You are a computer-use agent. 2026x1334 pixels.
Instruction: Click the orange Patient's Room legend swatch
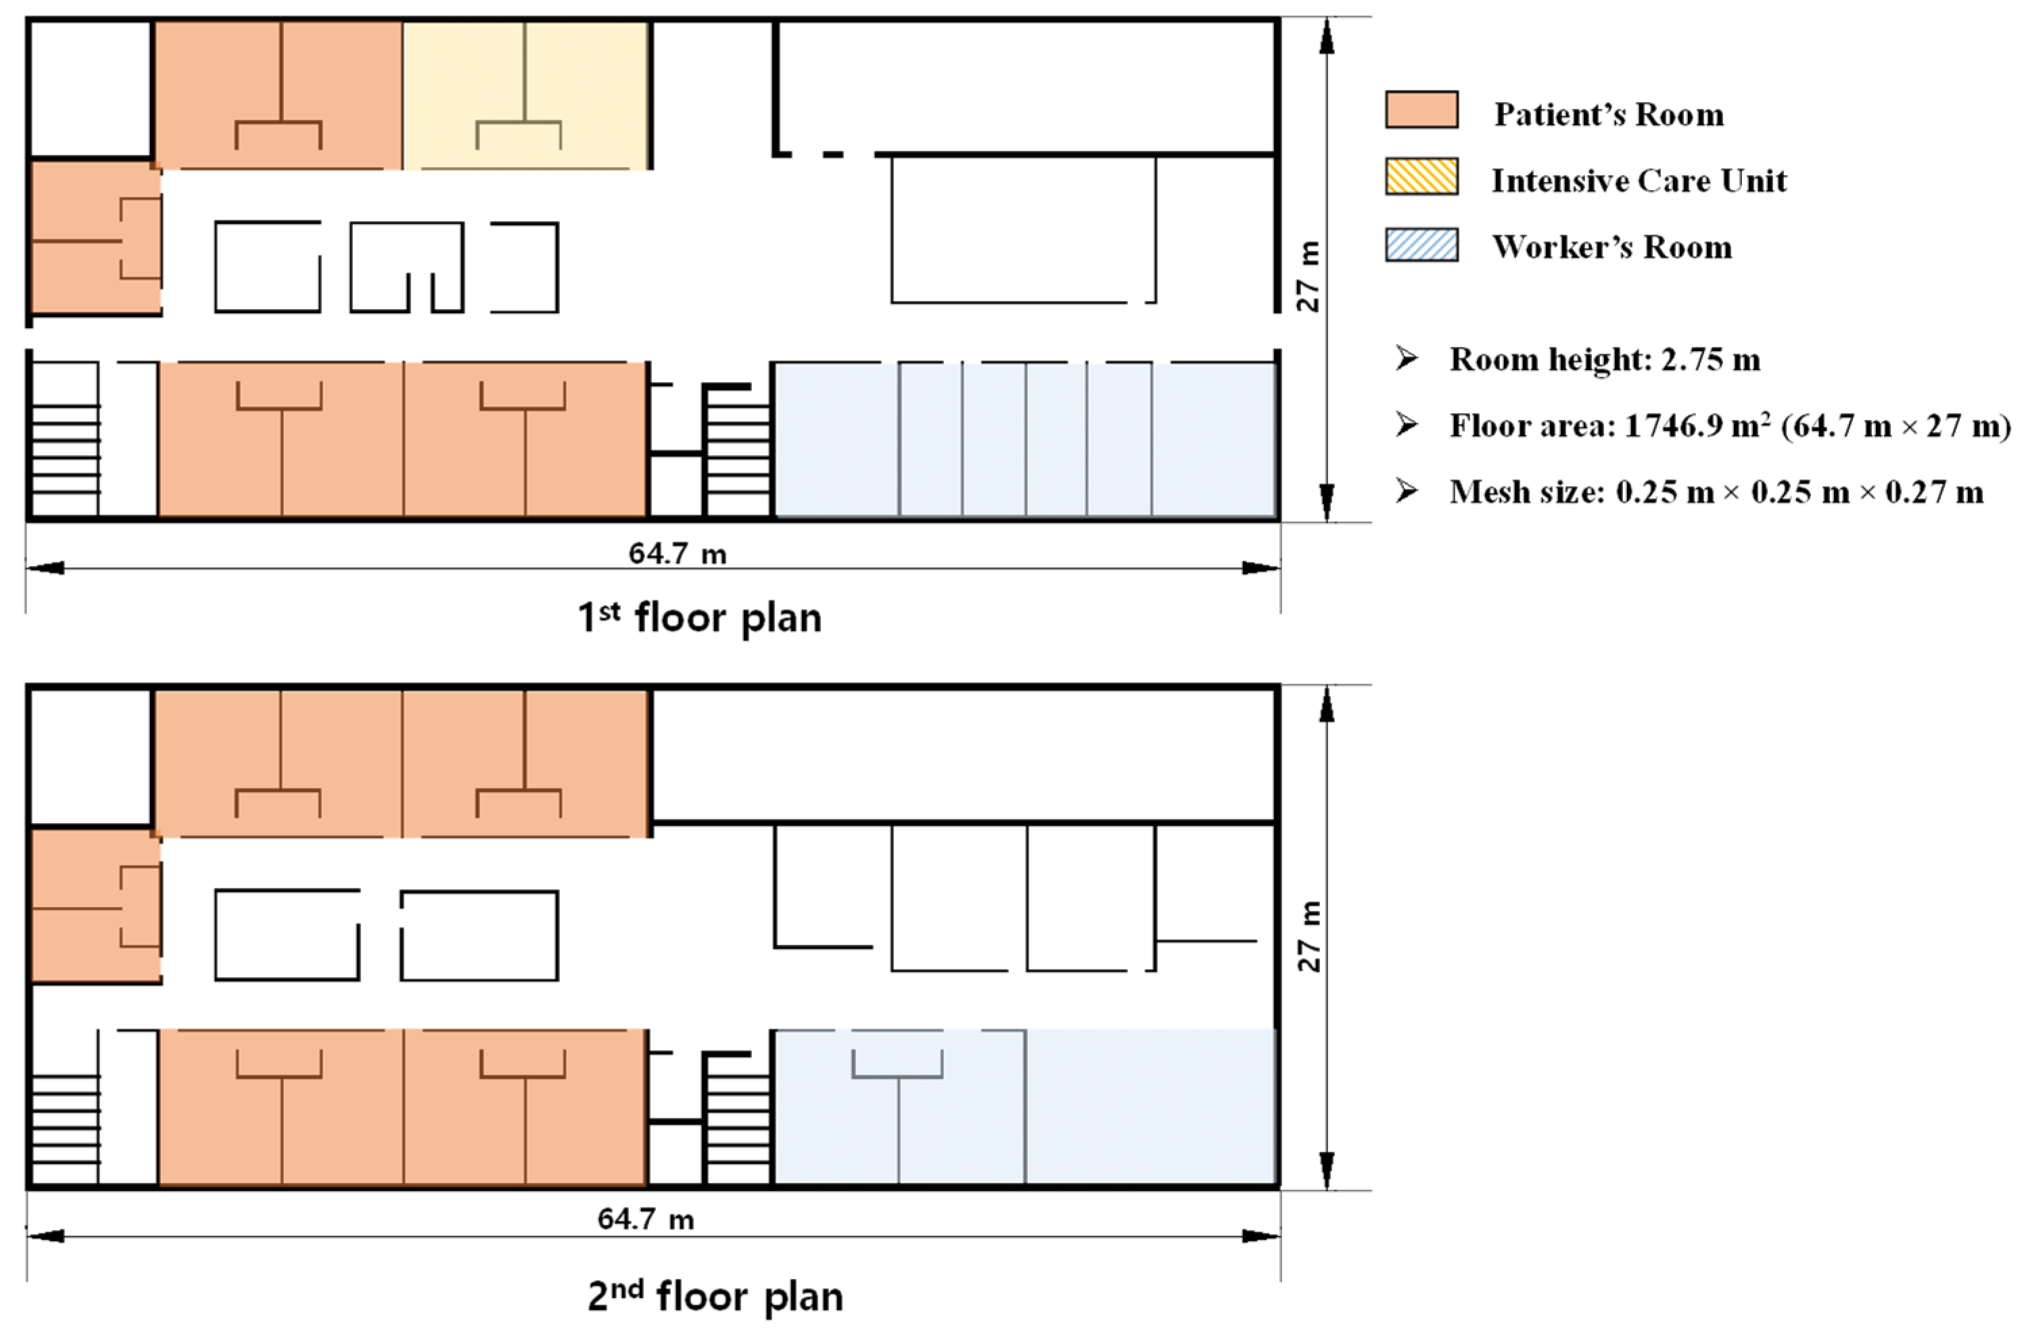pos(1421,110)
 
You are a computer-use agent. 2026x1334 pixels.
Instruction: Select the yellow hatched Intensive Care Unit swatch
pos(1421,176)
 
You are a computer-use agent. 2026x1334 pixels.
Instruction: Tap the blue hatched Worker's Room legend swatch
pos(1421,244)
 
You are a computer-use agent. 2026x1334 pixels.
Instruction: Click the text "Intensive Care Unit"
pos(1639,181)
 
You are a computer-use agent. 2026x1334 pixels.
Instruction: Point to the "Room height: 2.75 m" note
pos(1605,359)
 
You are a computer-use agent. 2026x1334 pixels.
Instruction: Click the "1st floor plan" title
pos(700,617)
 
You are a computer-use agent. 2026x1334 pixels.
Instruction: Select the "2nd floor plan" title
pos(715,1295)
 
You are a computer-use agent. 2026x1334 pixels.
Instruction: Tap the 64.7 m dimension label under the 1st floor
pos(678,553)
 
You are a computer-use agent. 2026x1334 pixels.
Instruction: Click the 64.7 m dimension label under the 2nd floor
pos(645,1219)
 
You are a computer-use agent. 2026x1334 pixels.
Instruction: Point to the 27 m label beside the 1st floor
pos(1309,276)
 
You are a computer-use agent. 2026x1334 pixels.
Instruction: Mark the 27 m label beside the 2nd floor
pos(1309,936)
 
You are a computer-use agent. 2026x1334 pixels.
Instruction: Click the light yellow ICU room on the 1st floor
pos(526,95)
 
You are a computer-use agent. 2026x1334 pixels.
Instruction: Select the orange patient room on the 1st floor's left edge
pos(95,237)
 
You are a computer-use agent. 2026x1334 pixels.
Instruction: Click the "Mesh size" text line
pos(1716,492)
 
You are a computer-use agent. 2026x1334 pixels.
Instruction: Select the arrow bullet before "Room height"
pos(1407,358)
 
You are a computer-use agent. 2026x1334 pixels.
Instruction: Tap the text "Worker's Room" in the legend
pos(1612,247)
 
